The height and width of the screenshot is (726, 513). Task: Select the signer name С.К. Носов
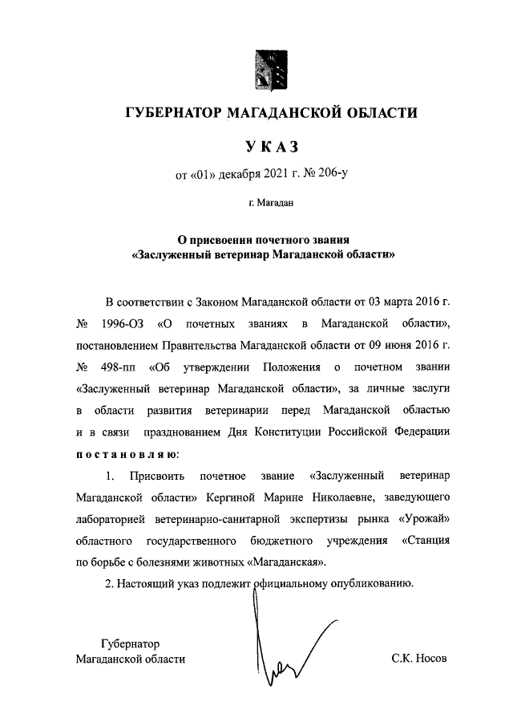click(x=418, y=659)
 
